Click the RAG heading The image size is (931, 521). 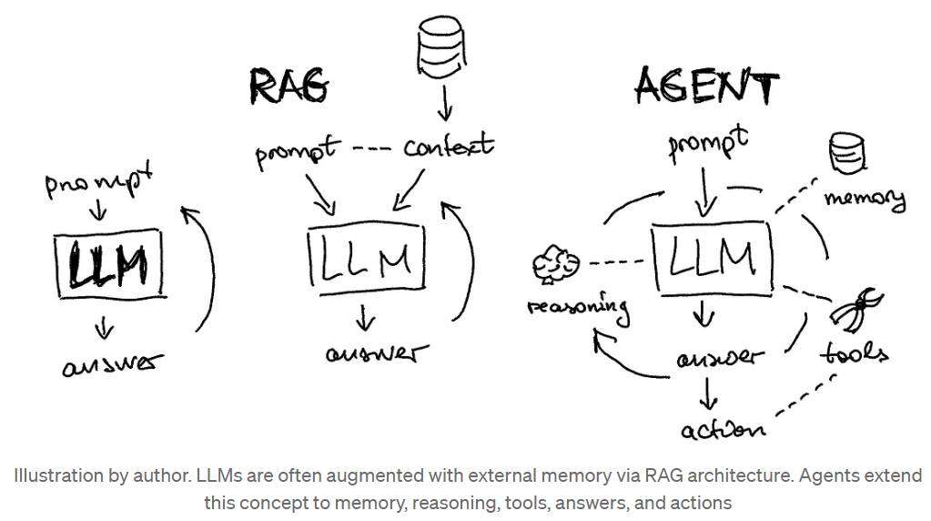click(x=288, y=87)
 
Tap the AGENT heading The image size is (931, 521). click(x=706, y=87)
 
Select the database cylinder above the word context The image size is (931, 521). click(x=441, y=44)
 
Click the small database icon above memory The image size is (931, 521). click(x=846, y=153)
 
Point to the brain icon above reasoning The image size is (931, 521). click(x=556, y=263)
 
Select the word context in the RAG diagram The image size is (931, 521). click(x=449, y=146)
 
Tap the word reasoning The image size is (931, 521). click(x=578, y=308)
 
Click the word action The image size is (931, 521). click(x=724, y=429)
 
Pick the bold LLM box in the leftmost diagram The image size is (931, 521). click(x=110, y=263)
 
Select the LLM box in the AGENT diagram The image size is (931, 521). click(x=712, y=258)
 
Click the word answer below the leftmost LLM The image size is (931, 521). click(x=112, y=364)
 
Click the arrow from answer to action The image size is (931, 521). click(x=708, y=393)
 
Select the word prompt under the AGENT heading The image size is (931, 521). click(x=708, y=143)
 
